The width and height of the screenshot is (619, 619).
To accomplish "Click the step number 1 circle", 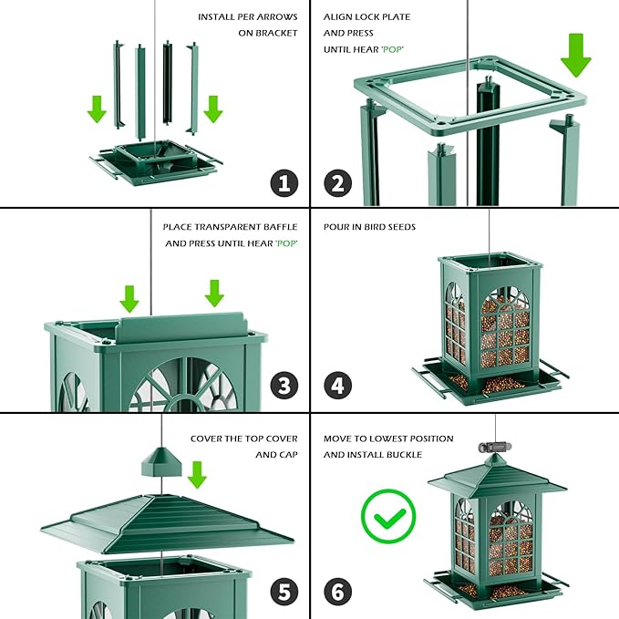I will tap(284, 182).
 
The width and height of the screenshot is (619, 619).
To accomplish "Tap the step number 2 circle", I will tap(338, 182).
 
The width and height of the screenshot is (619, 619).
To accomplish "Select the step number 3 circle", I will tap(284, 387).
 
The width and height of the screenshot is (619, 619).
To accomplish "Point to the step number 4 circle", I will tap(338, 387).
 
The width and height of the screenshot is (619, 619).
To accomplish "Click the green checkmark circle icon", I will tap(387, 516).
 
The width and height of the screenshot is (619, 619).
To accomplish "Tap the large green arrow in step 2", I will tap(575, 54).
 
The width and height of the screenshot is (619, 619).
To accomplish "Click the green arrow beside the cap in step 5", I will tap(196, 474).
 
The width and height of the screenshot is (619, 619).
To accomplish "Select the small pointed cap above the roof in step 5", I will tap(161, 460).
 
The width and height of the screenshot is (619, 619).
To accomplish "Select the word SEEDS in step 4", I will tap(400, 226).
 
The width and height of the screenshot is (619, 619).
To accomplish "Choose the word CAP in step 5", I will tap(287, 454).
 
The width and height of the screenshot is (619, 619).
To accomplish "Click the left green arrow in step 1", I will tap(97, 109).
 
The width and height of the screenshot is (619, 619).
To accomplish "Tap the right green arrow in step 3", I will tap(214, 293).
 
